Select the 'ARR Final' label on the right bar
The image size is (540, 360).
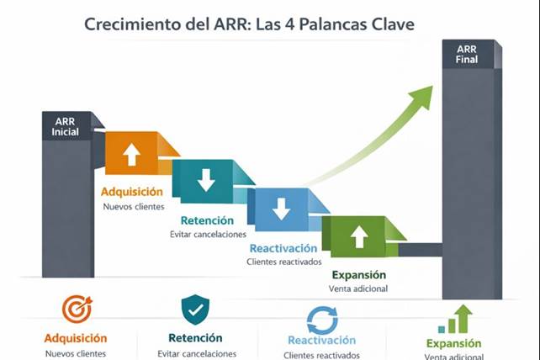coord(466,55)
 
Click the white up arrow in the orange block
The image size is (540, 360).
coord(131,154)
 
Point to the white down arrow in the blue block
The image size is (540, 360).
coord(281,208)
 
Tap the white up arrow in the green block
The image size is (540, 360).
coord(358,236)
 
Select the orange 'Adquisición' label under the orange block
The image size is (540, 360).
coord(133,190)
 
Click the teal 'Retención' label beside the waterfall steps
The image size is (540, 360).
coord(207,220)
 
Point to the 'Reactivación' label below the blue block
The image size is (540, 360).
coord(283,248)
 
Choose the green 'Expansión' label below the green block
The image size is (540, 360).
coord(358,275)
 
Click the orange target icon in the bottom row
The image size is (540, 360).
coord(77,310)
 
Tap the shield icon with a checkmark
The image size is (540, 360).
coord(196,310)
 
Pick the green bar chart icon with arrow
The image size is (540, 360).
coord(454,319)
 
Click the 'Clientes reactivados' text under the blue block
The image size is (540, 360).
coord(283,262)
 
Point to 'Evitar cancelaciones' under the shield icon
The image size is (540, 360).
coord(196,354)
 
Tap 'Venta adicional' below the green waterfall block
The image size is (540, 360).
coord(358,289)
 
